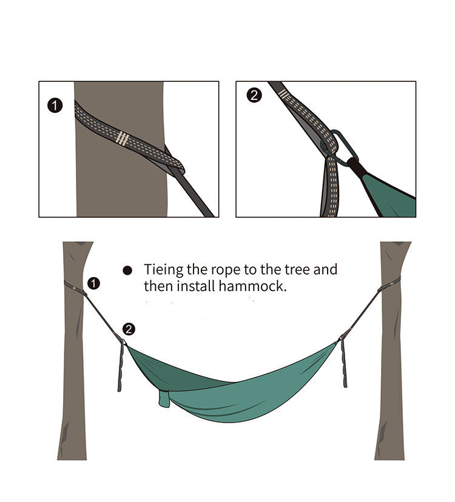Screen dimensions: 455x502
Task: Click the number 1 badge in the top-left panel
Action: click(55, 105)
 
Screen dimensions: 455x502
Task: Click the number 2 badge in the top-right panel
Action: click(254, 95)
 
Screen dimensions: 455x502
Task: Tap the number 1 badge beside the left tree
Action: click(93, 283)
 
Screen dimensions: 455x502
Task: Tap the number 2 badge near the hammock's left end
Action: click(129, 329)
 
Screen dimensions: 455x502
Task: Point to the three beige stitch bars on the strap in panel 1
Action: click(123, 138)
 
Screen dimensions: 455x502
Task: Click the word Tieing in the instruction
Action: click(163, 270)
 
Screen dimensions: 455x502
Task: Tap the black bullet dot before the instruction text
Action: click(127, 270)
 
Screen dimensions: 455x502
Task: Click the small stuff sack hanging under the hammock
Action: click(164, 399)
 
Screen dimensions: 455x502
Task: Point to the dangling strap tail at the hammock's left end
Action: click(121, 367)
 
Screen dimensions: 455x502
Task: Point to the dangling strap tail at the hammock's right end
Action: click(344, 363)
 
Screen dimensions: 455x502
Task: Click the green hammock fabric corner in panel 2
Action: click(389, 196)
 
